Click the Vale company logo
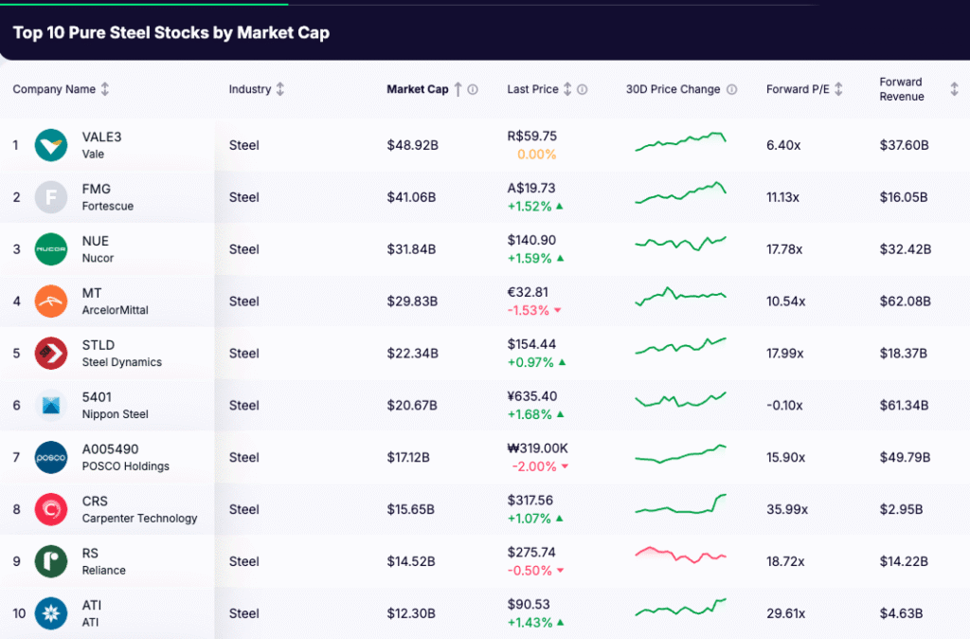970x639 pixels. click(51, 145)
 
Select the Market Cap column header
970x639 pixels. click(417, 89)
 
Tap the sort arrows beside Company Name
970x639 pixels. click(105, 89)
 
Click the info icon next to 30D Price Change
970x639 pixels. click(731, 89)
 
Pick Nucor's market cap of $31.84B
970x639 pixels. click(411, 249)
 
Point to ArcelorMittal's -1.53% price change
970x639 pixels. click(529, 310)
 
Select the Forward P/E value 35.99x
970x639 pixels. click(786, 509)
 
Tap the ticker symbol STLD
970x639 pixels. click(98, 345)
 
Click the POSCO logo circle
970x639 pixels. click(51, 457)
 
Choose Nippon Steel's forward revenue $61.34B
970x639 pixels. click(905, 405)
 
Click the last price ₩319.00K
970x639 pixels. click(537, 448)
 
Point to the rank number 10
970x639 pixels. click(19, 613)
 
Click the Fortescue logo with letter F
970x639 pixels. click(51, 197)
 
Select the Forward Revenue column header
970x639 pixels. click(901, 89)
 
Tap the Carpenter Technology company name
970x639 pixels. click(139, 519)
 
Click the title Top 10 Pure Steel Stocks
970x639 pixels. click(171, 32)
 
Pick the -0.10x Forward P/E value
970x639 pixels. click(784, 405)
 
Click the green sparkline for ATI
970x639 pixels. click(680, 607)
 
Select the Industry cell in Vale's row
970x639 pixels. click(243, 145)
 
